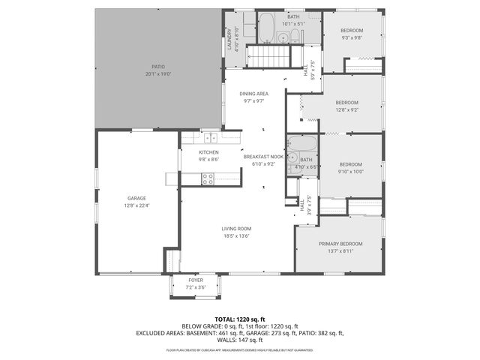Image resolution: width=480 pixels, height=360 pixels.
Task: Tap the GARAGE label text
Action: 136,199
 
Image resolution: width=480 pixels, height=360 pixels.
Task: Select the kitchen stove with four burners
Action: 208,178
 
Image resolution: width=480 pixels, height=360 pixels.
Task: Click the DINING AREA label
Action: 253,94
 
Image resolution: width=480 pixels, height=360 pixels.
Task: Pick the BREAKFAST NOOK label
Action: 262,157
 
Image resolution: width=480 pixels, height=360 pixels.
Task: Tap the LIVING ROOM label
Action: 235,229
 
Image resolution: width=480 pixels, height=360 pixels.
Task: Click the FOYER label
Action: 195,280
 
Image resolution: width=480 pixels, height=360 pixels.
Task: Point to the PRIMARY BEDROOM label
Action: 340,244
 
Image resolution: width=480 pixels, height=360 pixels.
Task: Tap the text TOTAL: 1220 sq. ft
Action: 240,319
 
